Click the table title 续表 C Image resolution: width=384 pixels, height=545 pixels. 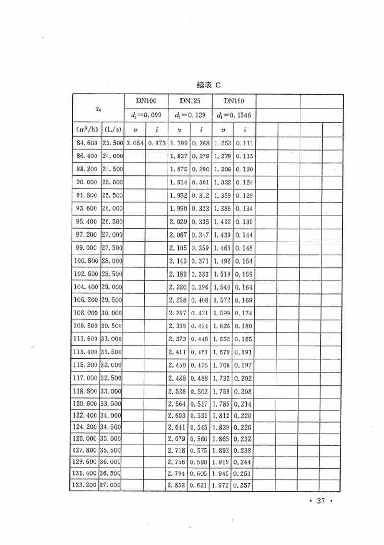coord(208,85)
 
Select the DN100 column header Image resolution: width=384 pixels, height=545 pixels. coord(146,101)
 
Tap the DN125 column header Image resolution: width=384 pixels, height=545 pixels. coord(190,101)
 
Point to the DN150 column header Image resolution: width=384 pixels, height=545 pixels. coord(234,101)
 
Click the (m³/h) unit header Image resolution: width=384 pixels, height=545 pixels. coord(86,130)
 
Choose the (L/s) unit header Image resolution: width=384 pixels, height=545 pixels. coord(112,130)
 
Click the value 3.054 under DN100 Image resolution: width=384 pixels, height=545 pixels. coord(135,143)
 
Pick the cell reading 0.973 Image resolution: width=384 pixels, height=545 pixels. coord(157,143)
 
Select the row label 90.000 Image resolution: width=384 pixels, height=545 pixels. coord(86,182)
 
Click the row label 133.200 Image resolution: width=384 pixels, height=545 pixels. coord(85,485)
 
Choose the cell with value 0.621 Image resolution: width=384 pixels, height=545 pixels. coord(200,485)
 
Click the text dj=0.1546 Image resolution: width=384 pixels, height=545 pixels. coord(234,116)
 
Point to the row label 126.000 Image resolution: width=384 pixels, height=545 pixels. coord(86,438)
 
